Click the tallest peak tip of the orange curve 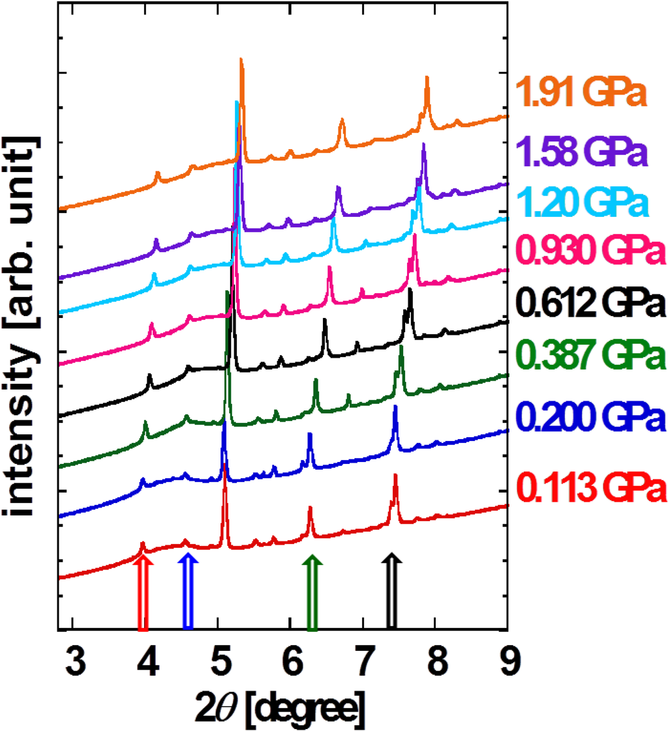[x=241, y=59]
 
